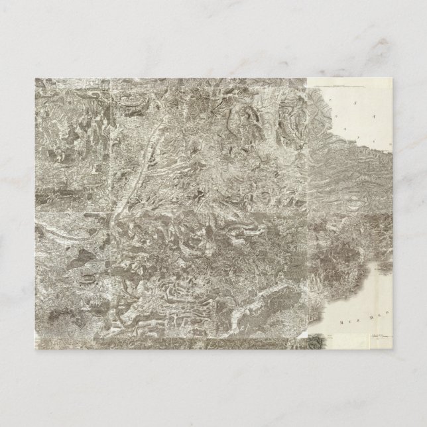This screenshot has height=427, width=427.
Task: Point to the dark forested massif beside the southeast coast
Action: pos(345,249)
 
